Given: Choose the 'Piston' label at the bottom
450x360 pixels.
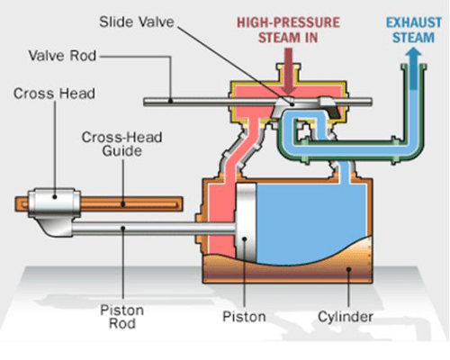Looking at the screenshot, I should [244, 317].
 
